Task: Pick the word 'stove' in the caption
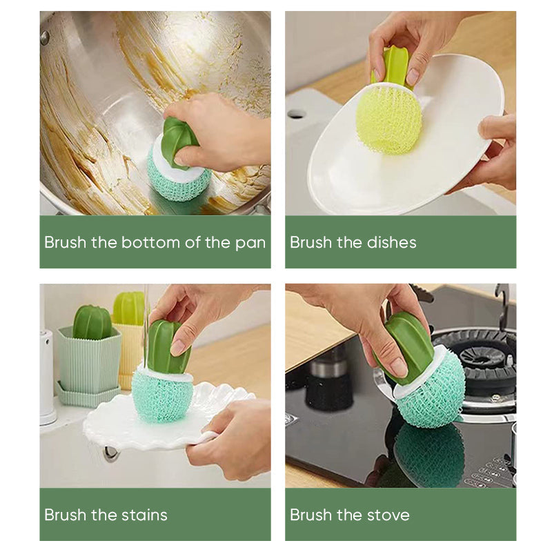(x=386, y=515)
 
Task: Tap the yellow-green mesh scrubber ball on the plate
(x=388, y=119)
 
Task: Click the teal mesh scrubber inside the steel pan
(x=178, y=181)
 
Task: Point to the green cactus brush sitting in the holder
(x=92, y=322)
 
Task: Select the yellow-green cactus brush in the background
(x=129, y=308)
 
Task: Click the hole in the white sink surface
(x=297, y=113)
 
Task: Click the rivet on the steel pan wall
(x=45, y=38)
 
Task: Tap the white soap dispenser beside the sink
(x=47, y=376)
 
